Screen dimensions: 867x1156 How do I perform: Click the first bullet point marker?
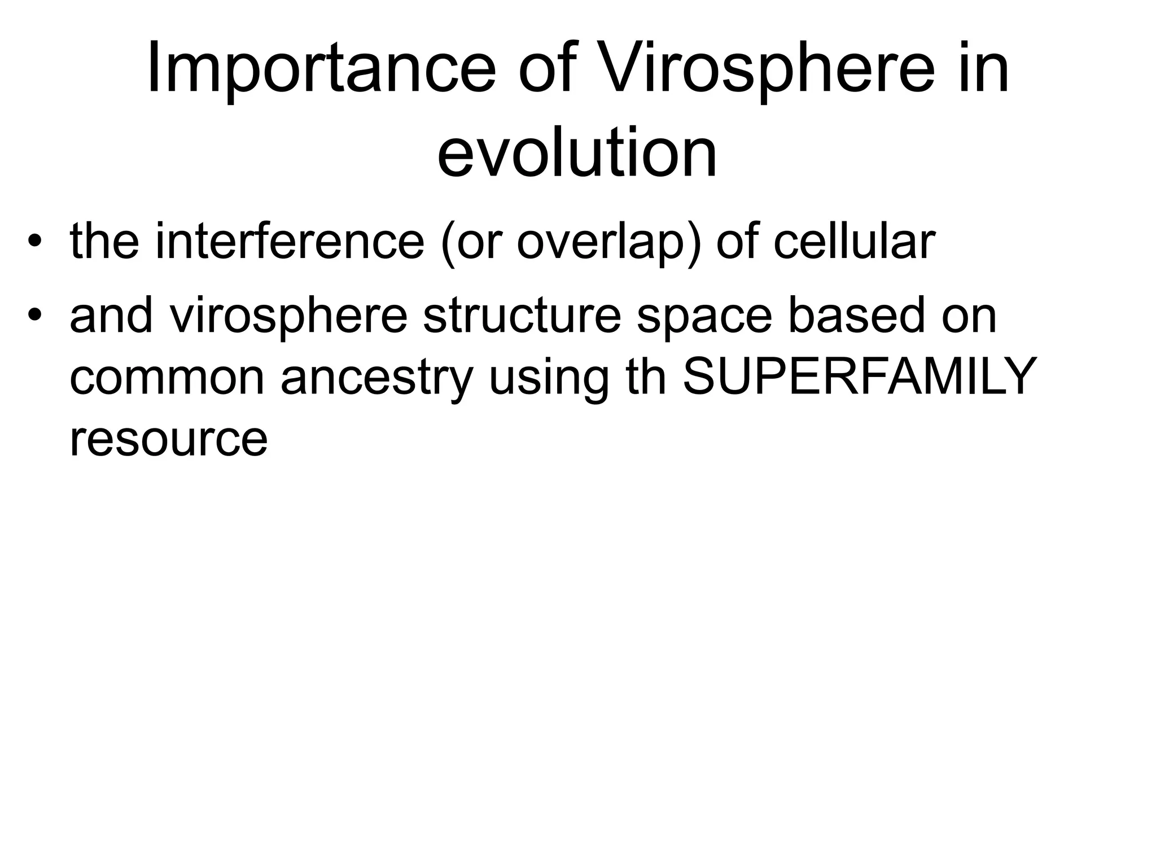[x=35, y=243]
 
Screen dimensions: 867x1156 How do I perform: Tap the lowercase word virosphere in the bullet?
[x=288, y=317]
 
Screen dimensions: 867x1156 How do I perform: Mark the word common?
[x=167, y=378]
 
